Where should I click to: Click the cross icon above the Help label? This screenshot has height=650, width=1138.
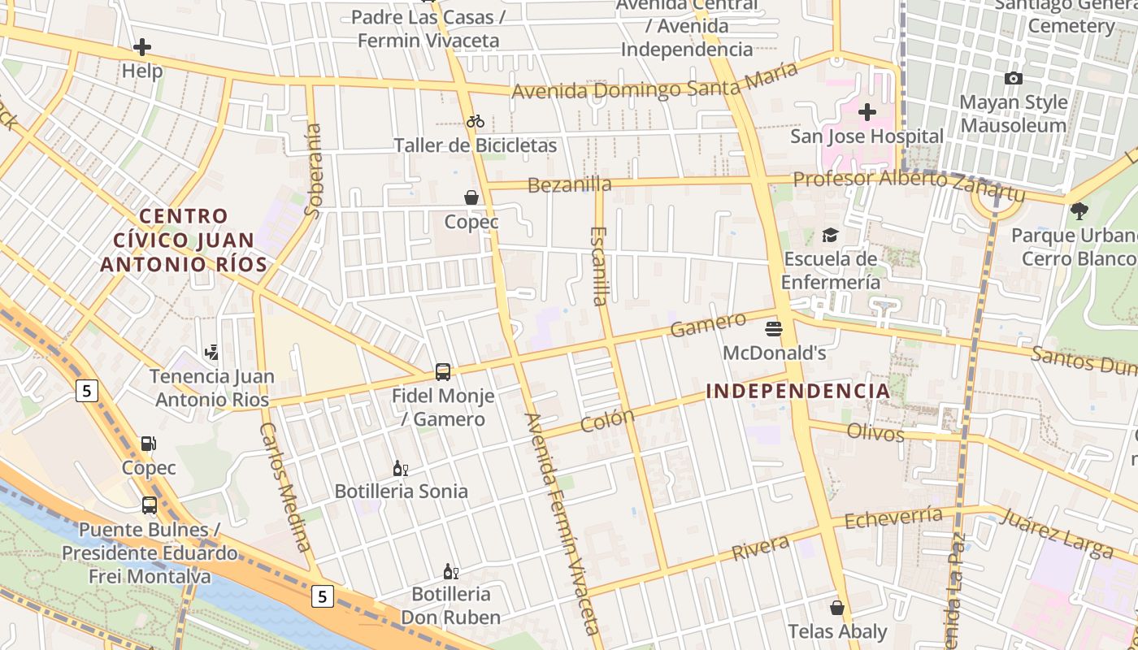142,47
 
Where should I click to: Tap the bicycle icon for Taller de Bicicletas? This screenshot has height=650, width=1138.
476,122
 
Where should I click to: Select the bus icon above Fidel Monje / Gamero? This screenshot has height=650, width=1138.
443,372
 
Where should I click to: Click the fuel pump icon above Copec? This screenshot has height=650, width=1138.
149,444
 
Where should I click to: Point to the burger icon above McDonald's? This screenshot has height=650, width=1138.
773,329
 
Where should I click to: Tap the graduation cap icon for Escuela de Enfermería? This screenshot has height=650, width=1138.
830,235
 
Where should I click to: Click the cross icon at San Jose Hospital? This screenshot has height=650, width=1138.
867,111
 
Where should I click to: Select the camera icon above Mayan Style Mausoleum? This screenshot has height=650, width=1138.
1013,79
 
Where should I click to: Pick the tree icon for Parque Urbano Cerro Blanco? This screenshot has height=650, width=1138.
1079,211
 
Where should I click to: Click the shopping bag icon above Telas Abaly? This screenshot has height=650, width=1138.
837,608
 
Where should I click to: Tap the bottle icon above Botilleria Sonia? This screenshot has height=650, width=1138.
400,468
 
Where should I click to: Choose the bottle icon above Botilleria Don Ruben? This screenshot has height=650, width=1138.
450,571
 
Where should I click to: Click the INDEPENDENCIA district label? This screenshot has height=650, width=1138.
798,391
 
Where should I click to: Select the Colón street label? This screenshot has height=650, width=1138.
607,421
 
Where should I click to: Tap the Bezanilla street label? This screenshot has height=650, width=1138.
569,185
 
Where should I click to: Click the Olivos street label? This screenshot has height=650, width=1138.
875,432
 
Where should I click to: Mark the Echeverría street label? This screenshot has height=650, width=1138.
893,518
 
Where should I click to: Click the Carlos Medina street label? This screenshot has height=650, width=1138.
285,487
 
